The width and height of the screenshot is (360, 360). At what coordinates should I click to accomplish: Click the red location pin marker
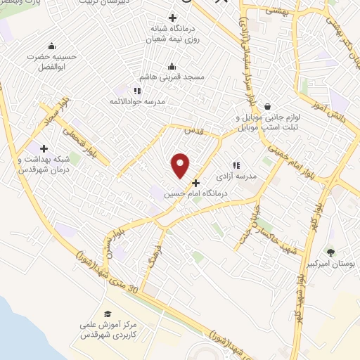pyautogui.click(x=181, y=165)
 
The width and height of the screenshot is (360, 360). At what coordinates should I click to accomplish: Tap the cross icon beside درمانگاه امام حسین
pyautogui.click(x=195, y=184)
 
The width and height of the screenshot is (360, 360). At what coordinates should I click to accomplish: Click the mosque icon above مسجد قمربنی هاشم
pyautogui.click(x=172, y=67)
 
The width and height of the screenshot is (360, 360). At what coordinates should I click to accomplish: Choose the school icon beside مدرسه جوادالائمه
pyautogui.click(x=137, y=91)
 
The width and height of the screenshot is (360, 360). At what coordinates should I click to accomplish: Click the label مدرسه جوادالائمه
pyautogui.click(x=140, y=101)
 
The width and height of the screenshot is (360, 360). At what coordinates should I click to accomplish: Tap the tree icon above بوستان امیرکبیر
pyautogui.click(x=330, y=252)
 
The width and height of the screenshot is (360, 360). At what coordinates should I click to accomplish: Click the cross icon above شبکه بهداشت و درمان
pyautogui.click(x=44, y=148)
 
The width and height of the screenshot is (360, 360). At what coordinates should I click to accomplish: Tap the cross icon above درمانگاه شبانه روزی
pyautogui.click(x=173, y=18)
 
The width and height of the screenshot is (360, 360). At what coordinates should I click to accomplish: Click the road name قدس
pyautogui.click(x=193, y=131)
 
